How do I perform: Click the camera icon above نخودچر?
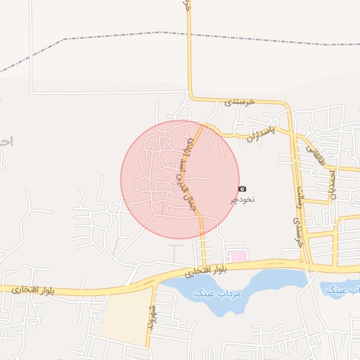point(243,188)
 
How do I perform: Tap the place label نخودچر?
point(243,200)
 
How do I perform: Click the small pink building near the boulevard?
point(238,256)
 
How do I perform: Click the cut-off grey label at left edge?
point(6,141)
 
